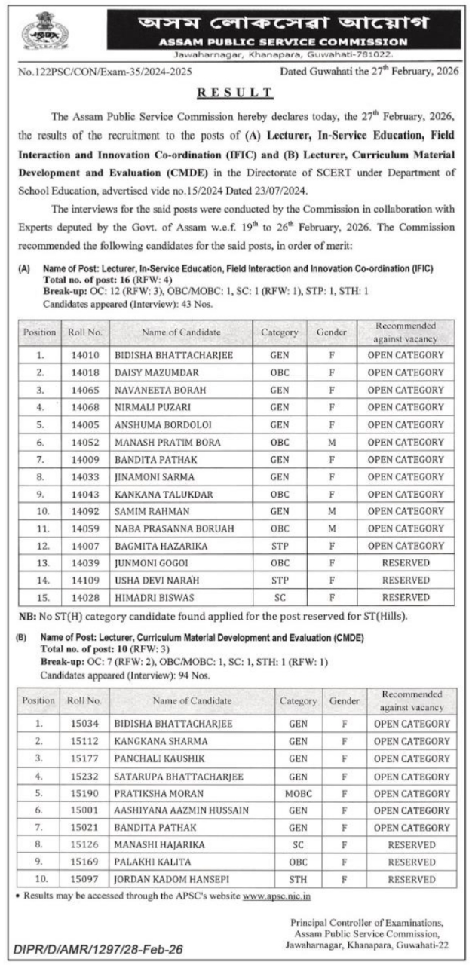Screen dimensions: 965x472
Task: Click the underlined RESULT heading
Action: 235,92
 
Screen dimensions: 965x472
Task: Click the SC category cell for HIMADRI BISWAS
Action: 280,598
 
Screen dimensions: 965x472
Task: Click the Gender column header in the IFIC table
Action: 331,332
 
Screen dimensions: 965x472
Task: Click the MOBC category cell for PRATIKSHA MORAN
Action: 299,793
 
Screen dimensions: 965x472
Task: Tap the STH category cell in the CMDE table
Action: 299,880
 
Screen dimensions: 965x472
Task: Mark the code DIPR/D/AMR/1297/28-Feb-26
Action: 98,949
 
